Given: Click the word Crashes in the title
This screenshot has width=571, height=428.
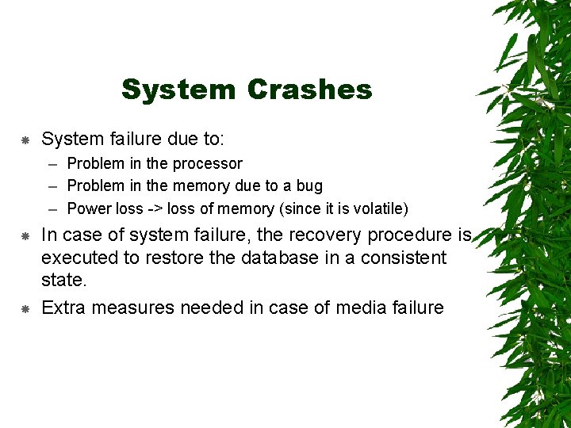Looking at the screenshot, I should pyautogui.click(x=309, y=90).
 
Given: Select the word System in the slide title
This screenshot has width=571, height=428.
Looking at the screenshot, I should pyautogui.click(x=178, y=90).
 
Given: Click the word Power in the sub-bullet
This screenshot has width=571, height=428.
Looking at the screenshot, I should pyautogui.click(x=89, y=209).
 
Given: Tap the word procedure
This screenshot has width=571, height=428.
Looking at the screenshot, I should pyautogui.click(x=412, y=235).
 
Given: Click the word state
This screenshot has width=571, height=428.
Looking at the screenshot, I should pyautogui.click(x=62, y=281).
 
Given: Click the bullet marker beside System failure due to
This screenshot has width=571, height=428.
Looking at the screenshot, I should pyautogui.click(x=25, y=140).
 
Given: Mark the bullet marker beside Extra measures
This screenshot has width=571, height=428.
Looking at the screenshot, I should pyautogui.click(x=25, y=308).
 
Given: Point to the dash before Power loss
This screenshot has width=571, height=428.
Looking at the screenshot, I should pyautogui.click(x=52, y=209).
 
